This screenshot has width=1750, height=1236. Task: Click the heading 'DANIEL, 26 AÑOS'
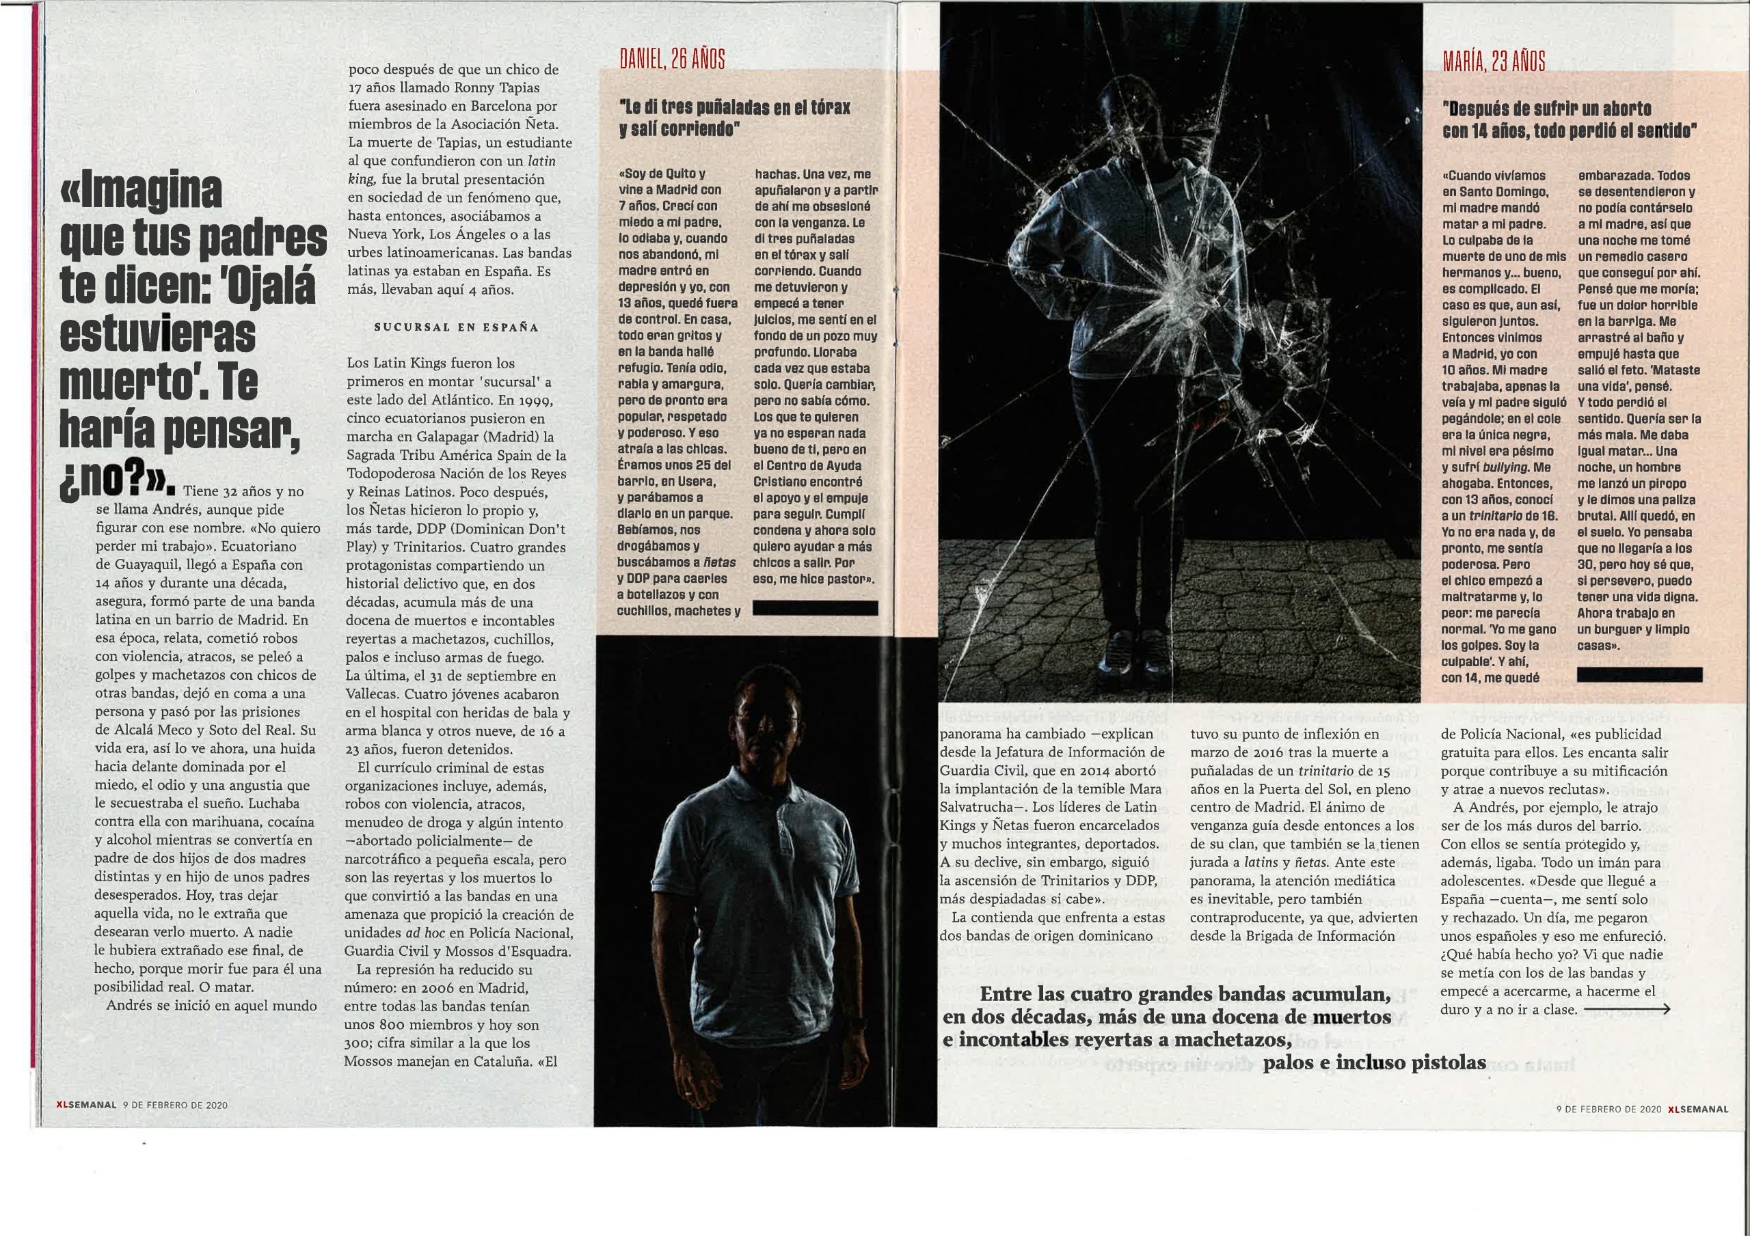point(671,59)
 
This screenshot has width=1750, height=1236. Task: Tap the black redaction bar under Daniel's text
point(814,607)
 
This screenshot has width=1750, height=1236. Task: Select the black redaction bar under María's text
point(1639,674)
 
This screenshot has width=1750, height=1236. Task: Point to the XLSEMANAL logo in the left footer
point(85,1105)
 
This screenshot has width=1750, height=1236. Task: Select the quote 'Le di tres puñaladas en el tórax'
point(735,107)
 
